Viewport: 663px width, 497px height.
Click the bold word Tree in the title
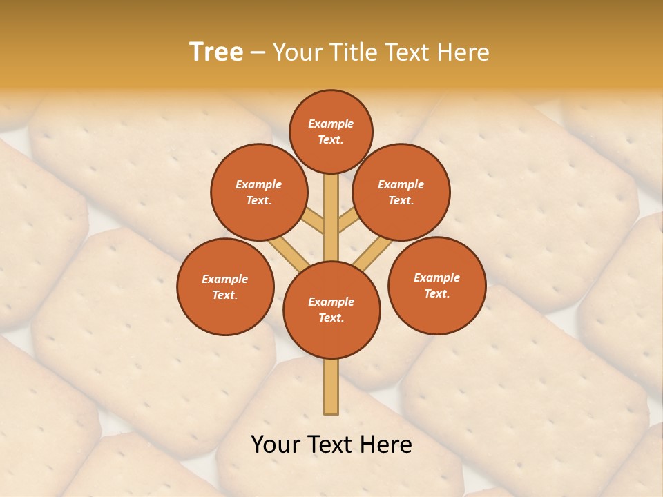pos(216,52)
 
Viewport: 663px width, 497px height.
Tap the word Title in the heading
pos(354,52)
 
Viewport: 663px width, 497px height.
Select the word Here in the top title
pos(465,52)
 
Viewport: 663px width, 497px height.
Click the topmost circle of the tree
pos(331,131)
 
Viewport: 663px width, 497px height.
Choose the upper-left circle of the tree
pos(259,192)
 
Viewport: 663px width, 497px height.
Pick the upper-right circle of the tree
pos(401,192)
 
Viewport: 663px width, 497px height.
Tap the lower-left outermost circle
pos(225,286)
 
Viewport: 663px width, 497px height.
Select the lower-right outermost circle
pos(436,285)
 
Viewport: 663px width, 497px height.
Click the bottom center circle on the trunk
pos(331,310)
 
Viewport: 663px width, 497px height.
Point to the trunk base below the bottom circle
pos(331,387)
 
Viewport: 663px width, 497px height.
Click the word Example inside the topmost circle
pos(331,124)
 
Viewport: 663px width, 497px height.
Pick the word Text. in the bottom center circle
pos(331,318)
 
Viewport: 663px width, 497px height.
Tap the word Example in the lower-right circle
pos(436,277)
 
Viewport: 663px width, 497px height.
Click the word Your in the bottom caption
pos(275,445)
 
